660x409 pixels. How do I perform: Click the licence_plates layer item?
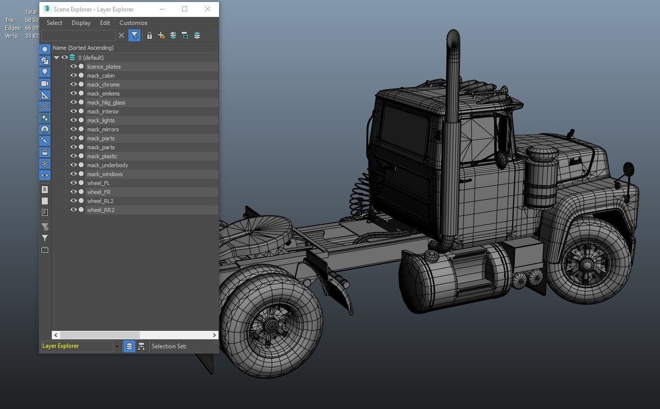[x=104, y=67]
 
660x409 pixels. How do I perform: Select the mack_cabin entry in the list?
[x=101, y=76]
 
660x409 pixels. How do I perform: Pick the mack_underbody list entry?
[x=108, y=165]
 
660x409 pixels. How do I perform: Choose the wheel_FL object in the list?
[x=98, y=183]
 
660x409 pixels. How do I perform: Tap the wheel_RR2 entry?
[x=101, y=210]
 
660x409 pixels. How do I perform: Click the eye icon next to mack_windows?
[x=73, y=174]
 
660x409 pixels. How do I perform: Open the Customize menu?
[x=133, y=23]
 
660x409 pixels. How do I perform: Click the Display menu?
[x=81, y=23]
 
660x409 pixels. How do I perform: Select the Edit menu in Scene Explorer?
[x=105, y=23]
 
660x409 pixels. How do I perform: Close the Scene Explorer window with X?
[x=208, y=9]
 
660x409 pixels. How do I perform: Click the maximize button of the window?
[x=185, y=9]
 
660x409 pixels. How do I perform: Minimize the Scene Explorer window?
[x=162, y=9]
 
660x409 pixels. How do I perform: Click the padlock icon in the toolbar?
[x=149, y=35]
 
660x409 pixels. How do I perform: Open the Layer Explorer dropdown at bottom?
[x=117, y=346]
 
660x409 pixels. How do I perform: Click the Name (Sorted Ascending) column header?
[x=83, y=48]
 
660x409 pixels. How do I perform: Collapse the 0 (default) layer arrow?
[x=56, y=58]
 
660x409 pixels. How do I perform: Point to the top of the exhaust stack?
[x=453, y=37]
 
